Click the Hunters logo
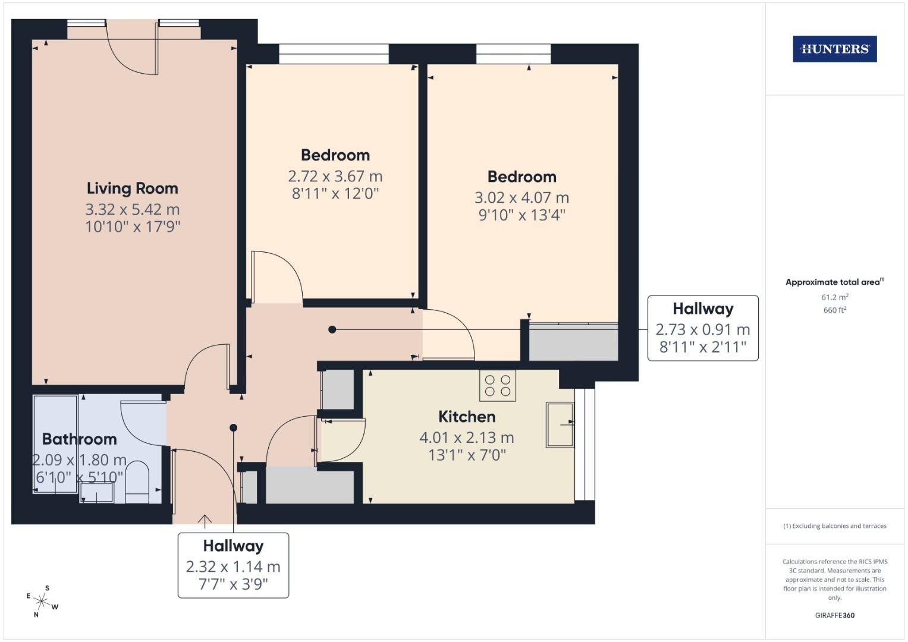tap(834, 49)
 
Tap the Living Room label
tap(132, 188)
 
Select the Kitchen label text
tap(467, 417)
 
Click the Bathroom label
tap(79, 439)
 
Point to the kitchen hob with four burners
tap(498, 385)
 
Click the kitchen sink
tap(560, 424)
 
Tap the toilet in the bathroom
tap(137, 481)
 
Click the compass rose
tap(42, 600)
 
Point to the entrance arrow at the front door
tap(205, 521)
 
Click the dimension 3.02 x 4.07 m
tap(521, 198)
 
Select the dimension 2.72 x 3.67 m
tap(335, 177)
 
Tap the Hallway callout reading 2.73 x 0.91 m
tap(702, 328)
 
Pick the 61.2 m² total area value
tap(834, 297)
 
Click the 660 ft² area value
tap(834, 310)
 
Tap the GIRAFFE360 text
tap(834, 615)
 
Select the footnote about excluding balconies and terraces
tap(834, 526)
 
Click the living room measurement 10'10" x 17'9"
tap(132, 226)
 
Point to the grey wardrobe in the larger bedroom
tap(573, 343)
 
